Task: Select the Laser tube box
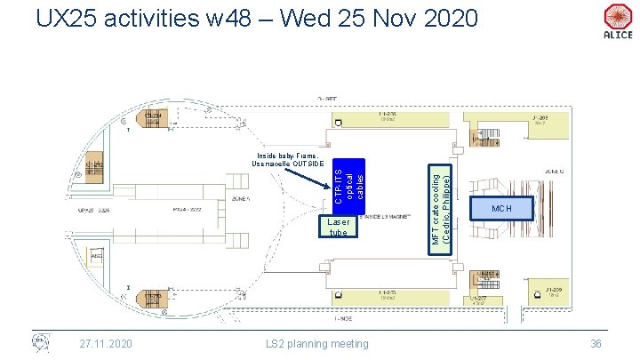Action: (339, 226)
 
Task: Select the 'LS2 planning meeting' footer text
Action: (319, 344)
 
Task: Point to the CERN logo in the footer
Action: (39, 342)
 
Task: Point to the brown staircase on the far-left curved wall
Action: (95, 165)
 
